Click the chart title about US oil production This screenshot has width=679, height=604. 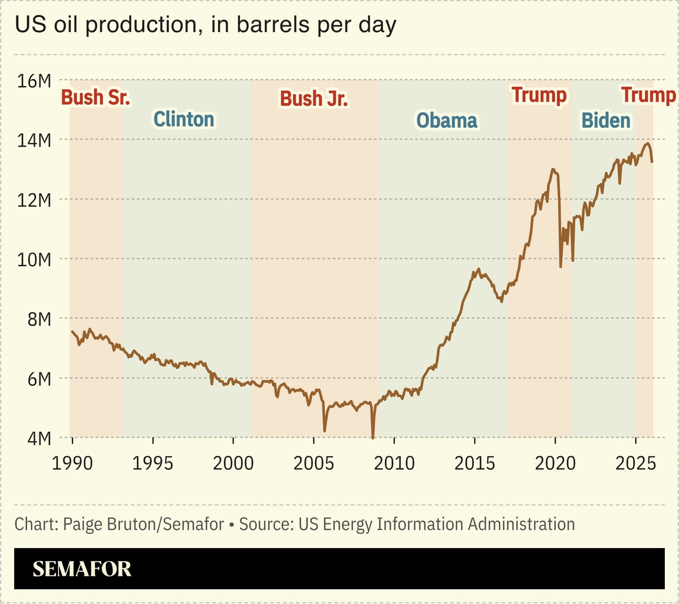[x=205, y=26]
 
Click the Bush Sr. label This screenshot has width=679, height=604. [x=95, y=97]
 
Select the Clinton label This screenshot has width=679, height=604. [x=184, y=120]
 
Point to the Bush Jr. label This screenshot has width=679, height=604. [x=314, y=98]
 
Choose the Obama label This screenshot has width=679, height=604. [x=447, y=121]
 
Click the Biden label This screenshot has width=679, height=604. [x=606, y=121]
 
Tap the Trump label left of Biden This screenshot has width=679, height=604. [x=539, y=95]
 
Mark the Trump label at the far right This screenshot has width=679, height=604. [x=648, y=95]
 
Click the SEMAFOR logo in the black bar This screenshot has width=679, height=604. [x=82, y=569]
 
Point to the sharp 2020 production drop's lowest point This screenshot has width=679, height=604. [x=561, y=267]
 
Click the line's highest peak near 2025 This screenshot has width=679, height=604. [x=647, y=143]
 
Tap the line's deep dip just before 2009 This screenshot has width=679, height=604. [x=373, y=437]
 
